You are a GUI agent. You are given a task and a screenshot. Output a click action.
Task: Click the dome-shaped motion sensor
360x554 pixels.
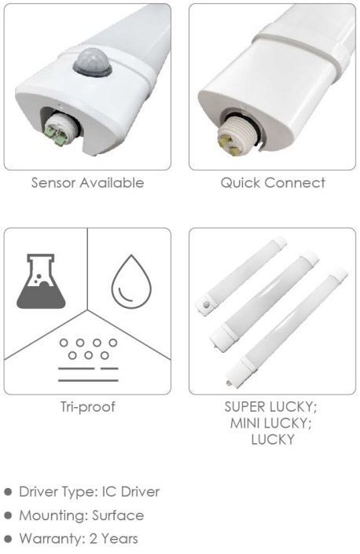coord(93,63)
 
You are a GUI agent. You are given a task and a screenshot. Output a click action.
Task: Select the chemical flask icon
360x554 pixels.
coord(41,281)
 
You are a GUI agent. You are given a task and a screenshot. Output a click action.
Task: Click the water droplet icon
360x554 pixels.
coord(131,281)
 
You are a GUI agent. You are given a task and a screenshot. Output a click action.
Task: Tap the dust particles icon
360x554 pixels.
coord(88,360)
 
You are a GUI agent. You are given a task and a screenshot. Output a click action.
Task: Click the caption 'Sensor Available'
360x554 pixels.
coord(87,183)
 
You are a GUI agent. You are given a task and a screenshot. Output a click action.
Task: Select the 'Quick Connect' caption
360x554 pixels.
coord(273,183)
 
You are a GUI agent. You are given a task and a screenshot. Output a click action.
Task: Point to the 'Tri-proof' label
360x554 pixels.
coord(87,407)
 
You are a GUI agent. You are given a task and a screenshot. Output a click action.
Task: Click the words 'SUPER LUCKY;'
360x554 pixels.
coord(271,407)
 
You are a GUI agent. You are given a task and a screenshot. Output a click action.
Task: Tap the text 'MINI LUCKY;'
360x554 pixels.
coord(271,424)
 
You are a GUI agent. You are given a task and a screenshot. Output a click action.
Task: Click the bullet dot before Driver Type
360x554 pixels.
coord(8,492)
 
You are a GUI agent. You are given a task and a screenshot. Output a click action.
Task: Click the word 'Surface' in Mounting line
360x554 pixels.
coord(118,515)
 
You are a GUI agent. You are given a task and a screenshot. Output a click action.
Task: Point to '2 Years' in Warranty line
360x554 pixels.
coord(114,539)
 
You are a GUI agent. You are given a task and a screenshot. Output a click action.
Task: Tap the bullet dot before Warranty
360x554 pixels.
coord(8,539)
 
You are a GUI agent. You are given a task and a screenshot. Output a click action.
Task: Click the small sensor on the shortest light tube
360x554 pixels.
coord(205,305)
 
